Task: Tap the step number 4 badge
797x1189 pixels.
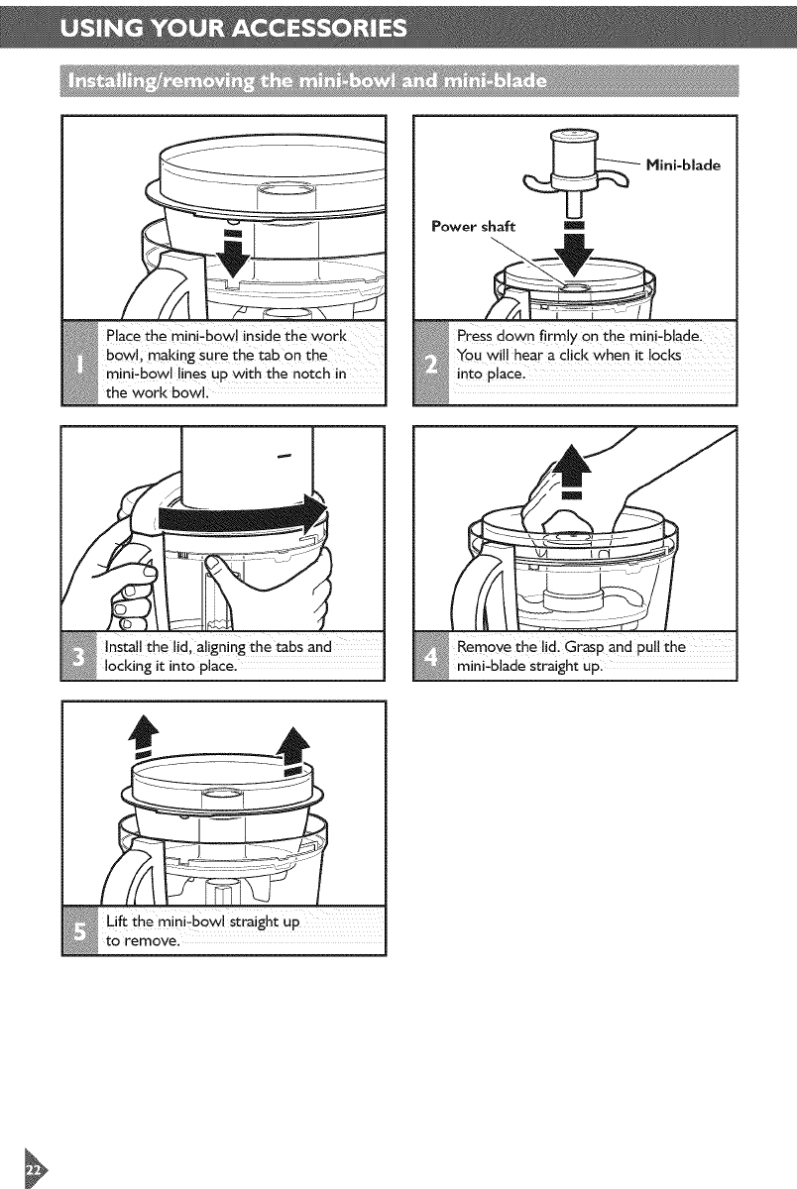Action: tap(431, 656)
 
